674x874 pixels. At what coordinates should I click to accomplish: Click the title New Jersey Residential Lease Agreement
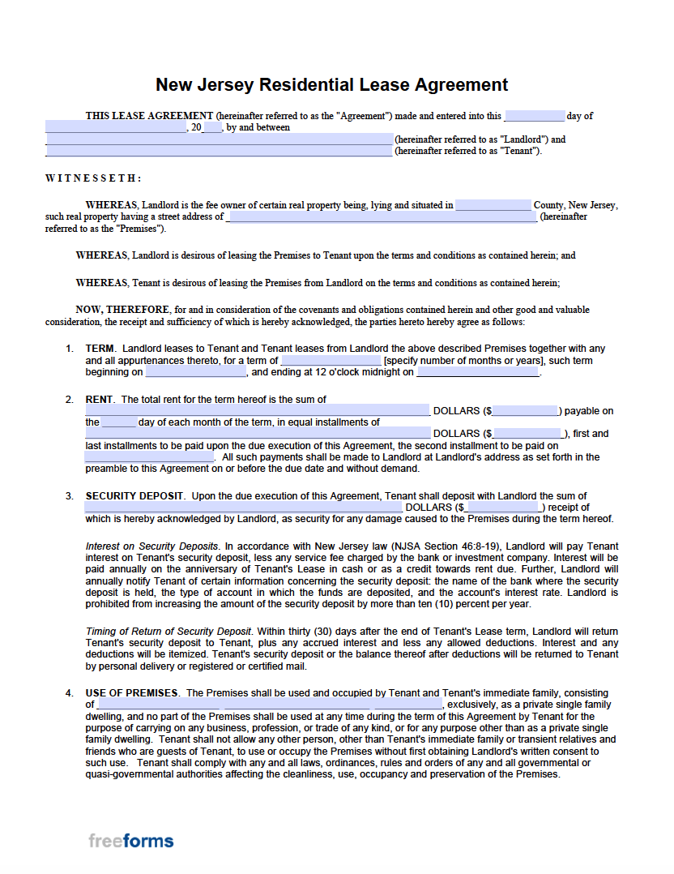(331, 85)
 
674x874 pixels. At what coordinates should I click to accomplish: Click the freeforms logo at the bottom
(131, 841)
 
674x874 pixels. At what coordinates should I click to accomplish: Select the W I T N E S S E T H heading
(93, 178)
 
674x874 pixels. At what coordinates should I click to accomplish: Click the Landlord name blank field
(219, 139)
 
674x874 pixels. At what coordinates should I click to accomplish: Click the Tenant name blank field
(219, 151)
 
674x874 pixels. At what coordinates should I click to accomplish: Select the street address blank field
(381, 217)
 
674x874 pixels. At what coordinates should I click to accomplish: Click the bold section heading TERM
(100, 349)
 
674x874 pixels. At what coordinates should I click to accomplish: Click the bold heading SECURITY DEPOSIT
(135, 496)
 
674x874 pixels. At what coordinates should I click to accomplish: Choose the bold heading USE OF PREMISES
(131, 693)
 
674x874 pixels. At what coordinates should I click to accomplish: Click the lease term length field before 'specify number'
(331, 361)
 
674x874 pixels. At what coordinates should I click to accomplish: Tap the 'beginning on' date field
(195, 373)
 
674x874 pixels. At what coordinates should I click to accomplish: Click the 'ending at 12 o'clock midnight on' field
(477, 373)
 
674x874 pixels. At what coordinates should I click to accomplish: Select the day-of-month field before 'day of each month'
(119, 422)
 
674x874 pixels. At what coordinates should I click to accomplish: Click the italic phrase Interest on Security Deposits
(151, 546)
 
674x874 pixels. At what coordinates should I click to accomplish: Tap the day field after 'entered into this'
(534, 116)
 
